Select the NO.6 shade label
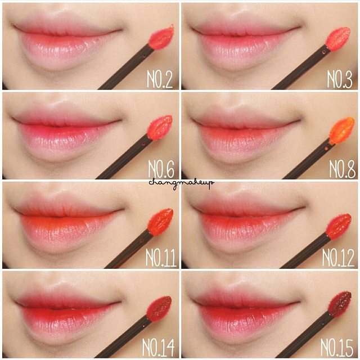[x=161, y=169]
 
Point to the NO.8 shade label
[x=343, y=169]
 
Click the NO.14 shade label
[x=158, y=348]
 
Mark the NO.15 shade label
[x=336, y=348]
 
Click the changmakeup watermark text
[x=181, y=183]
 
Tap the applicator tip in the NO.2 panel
[x=161, y=38]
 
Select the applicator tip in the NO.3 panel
[x=338, y=39]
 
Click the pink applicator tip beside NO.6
[x=160, y=128]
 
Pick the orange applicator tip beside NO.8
[x=341, y=130]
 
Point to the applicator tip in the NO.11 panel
[x=160, y=221]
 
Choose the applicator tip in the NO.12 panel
[x=338, y=226]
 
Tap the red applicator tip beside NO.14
[x=159, y=309]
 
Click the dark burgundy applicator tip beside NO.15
[x=339, y=304]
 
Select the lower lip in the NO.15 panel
[x=246, y=321]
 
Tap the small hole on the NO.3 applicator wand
[x=324, y=52]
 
